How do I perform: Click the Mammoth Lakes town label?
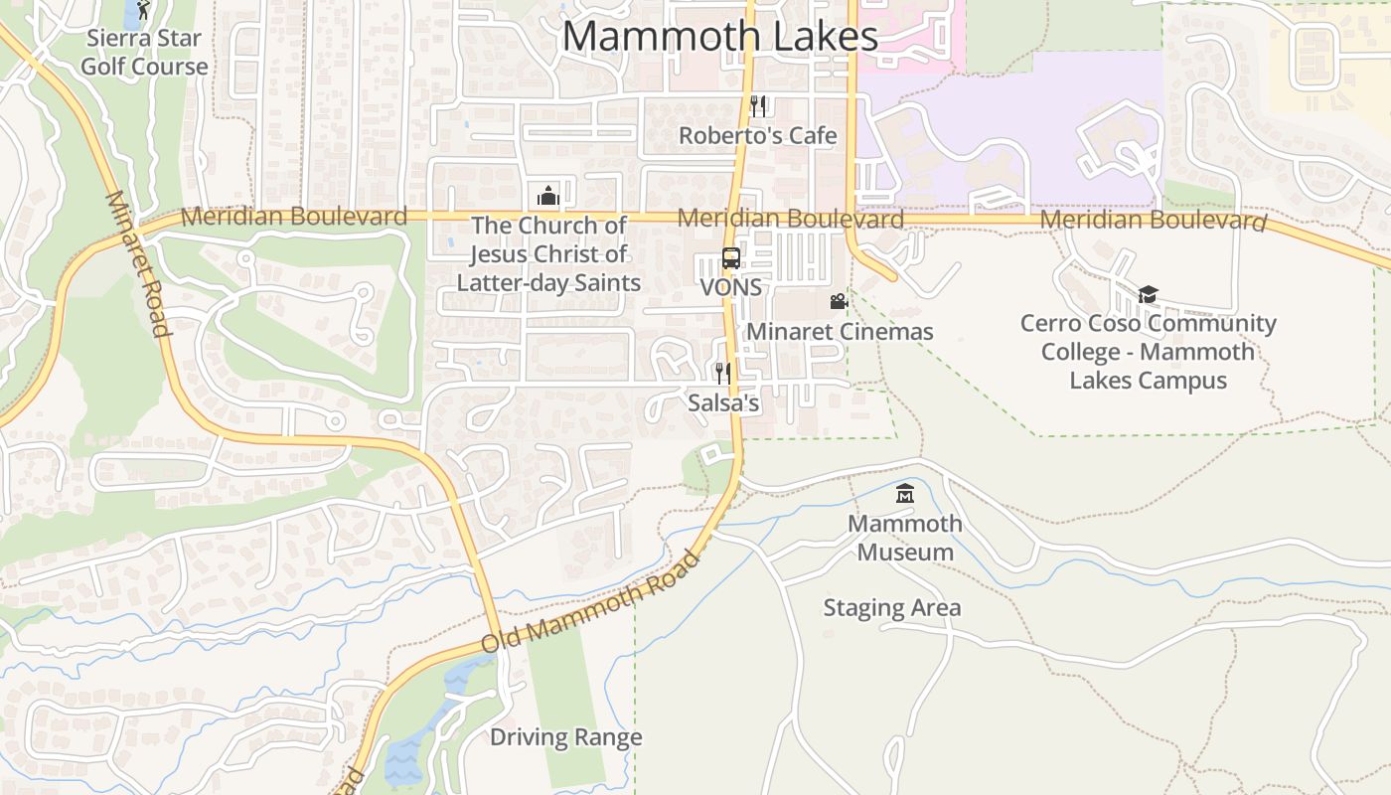coord(720,37)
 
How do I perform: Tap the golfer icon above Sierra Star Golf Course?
coord(143,10)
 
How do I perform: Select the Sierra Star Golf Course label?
coord(145,53)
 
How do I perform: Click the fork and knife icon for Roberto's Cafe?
coord(758,106)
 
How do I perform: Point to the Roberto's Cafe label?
coord(758,135)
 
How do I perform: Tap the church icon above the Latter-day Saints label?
coord(548,196)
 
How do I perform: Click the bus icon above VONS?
coord(731,258)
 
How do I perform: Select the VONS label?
coord(731,287)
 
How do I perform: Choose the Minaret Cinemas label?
coord(840,331)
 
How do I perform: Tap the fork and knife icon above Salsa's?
coord(723,374)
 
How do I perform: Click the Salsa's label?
coord(723,402)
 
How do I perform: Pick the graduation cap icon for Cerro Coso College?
coord(1149,294)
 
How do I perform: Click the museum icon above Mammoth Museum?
coord(905,494)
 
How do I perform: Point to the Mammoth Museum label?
coord(905,538)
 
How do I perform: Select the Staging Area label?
coord(892,608)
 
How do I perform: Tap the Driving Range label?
coord(566,737)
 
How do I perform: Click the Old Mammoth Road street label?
coord(591,602)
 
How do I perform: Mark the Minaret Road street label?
coord(137,263)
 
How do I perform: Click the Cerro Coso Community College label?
coord(1149,352)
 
